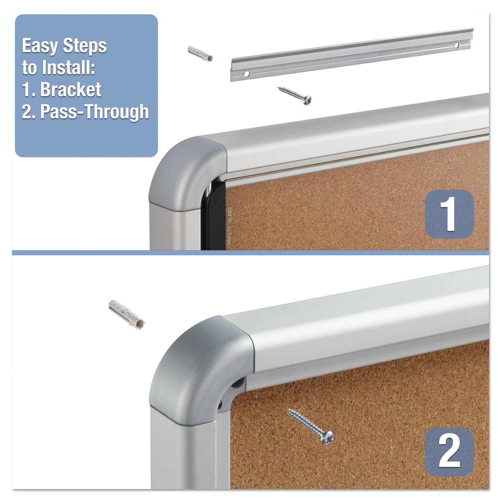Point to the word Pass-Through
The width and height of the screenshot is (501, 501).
point(95,112)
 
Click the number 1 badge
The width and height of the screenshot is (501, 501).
point(449,214)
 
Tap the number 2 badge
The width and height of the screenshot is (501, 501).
point(449,452)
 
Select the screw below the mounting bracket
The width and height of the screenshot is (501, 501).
point(295,95)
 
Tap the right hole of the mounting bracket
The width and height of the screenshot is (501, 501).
point(457,45)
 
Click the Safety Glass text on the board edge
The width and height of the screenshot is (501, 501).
point(229,226)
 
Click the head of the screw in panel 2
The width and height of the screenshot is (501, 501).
point(327,438)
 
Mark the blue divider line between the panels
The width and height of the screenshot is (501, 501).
point(251,253)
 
